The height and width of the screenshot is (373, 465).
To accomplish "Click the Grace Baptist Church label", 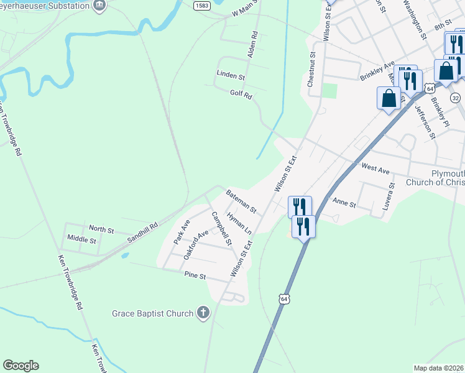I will click(x=152, y=313).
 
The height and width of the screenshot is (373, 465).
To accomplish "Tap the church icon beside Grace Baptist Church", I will click(x=203, y=313).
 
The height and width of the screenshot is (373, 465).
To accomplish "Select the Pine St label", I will click(x=195, y=275).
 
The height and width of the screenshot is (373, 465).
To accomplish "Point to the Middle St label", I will click(x=81, y=239).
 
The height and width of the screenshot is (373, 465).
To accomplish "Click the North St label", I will click(x=101, y=230).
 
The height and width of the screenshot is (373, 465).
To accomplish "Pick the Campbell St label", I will click(x=221, y=229).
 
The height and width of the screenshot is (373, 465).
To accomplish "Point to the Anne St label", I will click(x=344, y=203).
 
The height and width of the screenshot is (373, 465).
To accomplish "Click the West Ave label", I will click(x=375, y=168).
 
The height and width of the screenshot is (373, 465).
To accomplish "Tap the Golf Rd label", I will click(x=241, y=95).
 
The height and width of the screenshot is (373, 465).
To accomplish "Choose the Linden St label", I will click(x=231, y=75).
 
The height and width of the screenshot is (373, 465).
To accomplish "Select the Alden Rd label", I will click(x=252, y=44).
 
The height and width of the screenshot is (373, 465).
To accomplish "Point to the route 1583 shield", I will click(x=201, y=5).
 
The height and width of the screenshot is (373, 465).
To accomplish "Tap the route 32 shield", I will click(x=456, y=98).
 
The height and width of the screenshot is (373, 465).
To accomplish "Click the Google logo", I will click(x=21, y=366).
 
